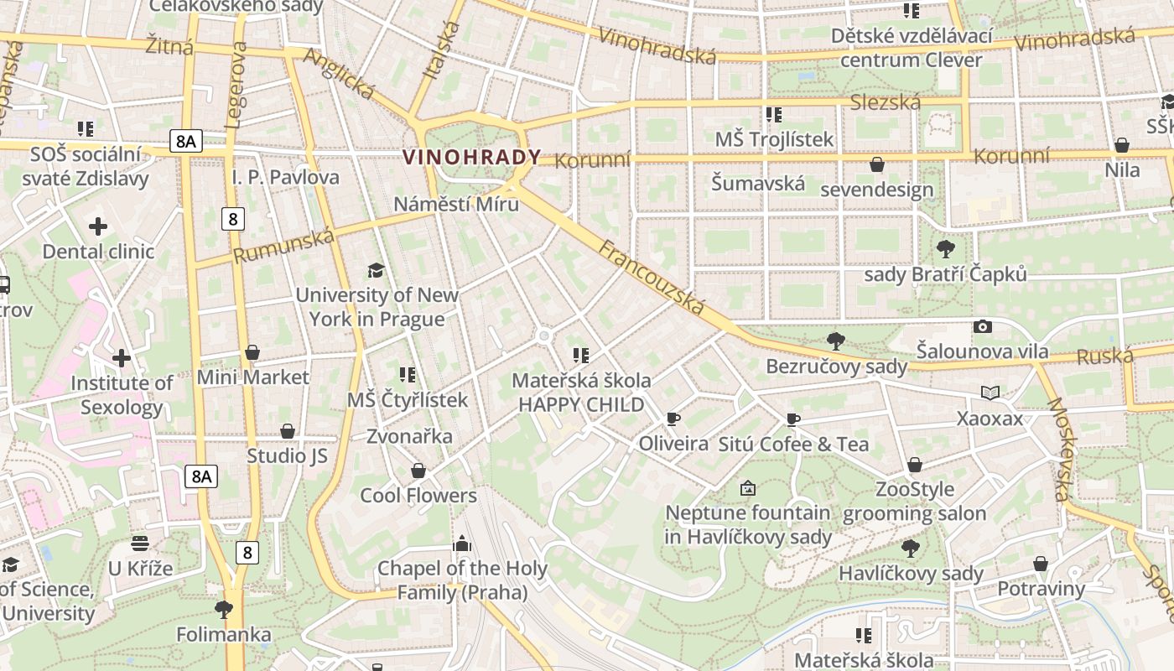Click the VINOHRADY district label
pos(472,157)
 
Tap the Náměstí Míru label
pos(456,204)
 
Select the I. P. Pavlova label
pos(286,177)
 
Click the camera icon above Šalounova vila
pos(982,326)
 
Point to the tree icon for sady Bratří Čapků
pos(945,249)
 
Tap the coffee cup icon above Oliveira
pos(673,419)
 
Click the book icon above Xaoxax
pos(990,393)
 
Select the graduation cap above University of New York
pos(377,270)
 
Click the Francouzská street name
pos(652,278)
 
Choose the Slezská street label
pos(885,102)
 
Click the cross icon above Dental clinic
pos(98,226)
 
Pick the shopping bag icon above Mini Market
pos(252,352)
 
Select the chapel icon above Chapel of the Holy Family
pos(461,544)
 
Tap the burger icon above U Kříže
pos(140,544)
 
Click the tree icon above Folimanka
pos(224,609)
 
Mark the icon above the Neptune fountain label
pos(748,487)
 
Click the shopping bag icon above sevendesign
pos(877,164)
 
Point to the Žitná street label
pos(169,44)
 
